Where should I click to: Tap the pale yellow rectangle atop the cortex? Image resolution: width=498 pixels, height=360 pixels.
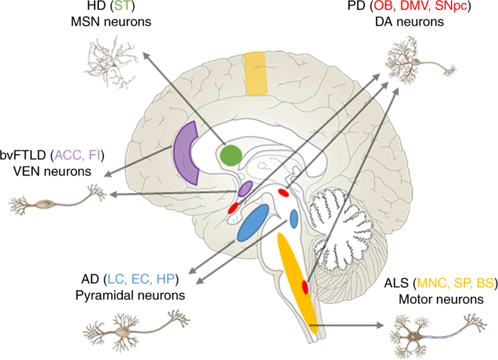coord(255,74)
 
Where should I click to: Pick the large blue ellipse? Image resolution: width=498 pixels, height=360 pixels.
coord(252,223)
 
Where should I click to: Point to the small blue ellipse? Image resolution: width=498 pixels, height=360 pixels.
coord(294,218)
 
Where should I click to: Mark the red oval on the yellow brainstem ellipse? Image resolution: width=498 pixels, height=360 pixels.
coord(305,288)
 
